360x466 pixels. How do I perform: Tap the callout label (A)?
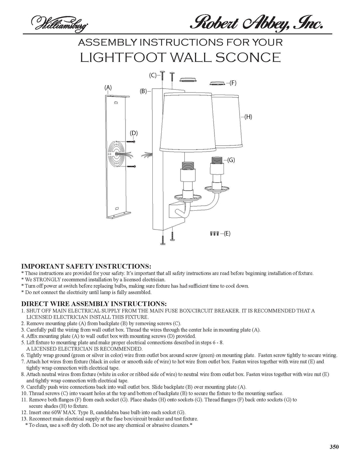pos(108,88)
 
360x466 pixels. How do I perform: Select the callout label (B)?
pos(144,91)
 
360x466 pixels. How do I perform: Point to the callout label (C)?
pos(153,75)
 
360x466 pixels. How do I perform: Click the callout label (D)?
pos(134,133)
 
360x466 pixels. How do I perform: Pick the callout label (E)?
pos(227,233)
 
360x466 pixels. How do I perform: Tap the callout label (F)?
pos(233,83)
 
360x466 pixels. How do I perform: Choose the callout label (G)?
pos(231,160)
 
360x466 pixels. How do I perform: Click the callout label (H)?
pos(248,117)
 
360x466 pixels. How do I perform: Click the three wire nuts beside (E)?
pos(214,233)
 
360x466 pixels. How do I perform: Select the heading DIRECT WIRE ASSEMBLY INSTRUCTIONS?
pos(94,304)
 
